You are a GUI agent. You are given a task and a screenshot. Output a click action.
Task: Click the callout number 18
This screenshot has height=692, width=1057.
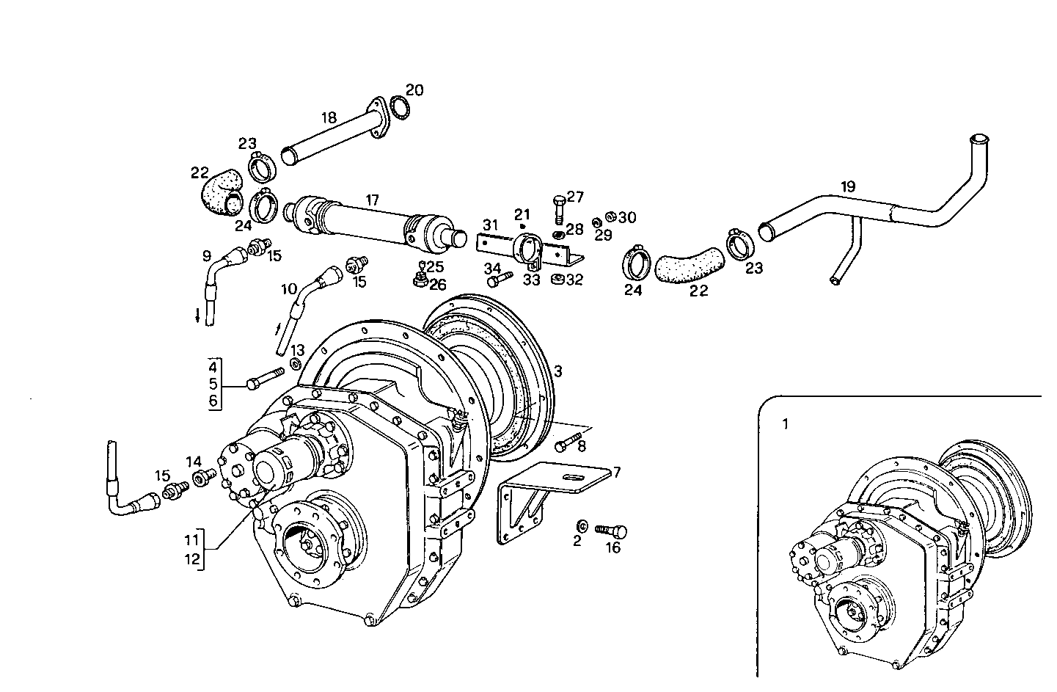(328, 117)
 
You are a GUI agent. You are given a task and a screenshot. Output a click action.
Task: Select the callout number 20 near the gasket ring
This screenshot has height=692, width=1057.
(414, 90)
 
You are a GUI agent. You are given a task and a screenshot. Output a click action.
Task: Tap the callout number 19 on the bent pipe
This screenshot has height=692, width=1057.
(847, 186)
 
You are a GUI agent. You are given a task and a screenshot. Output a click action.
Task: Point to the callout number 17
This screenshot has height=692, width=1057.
(373, 199)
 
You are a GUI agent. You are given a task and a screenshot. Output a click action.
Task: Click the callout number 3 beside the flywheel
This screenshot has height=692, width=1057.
(557, 371)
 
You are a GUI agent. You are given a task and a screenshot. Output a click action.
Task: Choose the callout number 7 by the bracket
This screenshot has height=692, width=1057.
(617, 472)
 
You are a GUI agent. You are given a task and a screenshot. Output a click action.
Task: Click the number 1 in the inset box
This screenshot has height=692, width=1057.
(786, 424)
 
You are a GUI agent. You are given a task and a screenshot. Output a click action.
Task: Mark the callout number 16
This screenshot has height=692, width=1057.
(612, 547)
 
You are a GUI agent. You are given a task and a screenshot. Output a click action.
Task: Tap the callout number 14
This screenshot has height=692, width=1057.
(193, 462)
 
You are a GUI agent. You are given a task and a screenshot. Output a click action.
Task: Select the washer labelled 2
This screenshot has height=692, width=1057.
(581, 525)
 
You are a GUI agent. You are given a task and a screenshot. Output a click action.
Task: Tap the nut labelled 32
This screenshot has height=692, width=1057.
(557, 279)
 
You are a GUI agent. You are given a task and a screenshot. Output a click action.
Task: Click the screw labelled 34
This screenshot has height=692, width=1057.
(500, 280)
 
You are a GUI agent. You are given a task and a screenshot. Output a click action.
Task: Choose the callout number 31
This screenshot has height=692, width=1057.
(490, 224)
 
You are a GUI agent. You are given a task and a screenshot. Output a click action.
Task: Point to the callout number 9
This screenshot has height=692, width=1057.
(207, 256)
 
